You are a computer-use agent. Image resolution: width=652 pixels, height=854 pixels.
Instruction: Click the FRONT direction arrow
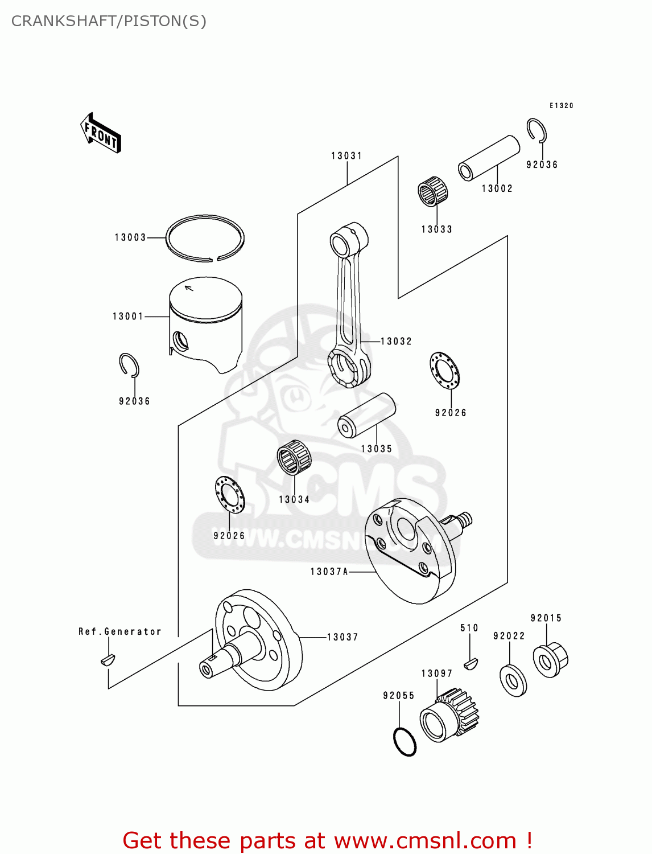tap(101, 133)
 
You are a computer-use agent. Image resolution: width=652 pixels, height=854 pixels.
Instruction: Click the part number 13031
tap(346, 155)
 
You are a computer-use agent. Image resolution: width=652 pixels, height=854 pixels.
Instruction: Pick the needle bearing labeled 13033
tap(432, 191)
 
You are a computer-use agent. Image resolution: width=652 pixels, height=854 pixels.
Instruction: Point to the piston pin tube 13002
tap(489, 157)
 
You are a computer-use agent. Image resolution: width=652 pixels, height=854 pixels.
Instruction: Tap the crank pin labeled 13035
tap(366, 415)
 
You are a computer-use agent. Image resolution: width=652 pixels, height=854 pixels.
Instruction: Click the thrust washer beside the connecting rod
tap(445, 371)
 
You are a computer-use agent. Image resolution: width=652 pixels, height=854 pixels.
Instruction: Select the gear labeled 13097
tap(449, 715)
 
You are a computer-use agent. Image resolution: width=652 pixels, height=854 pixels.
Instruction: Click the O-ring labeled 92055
tap(405, 742)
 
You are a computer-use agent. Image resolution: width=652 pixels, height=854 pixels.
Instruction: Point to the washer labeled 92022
tap(513, 680)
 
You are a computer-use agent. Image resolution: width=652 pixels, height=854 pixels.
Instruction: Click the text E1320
tap(561, 105)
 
